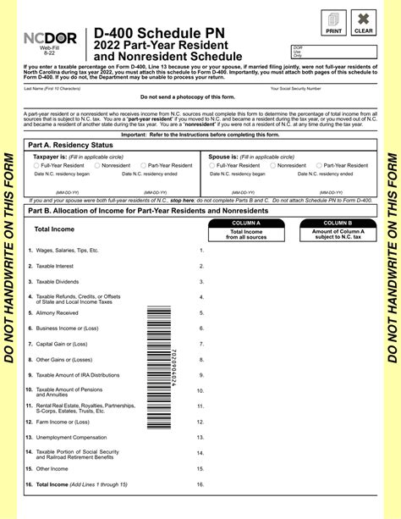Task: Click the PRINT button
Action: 333,22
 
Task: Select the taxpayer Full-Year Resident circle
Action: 36,166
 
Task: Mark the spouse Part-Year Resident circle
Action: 319,166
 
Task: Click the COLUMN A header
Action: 245,223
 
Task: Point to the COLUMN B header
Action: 338,223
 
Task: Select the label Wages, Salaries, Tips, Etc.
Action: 67,251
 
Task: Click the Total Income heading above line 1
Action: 53,229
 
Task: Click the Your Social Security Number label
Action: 295,88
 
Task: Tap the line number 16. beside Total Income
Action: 200,484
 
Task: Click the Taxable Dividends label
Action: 57,281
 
